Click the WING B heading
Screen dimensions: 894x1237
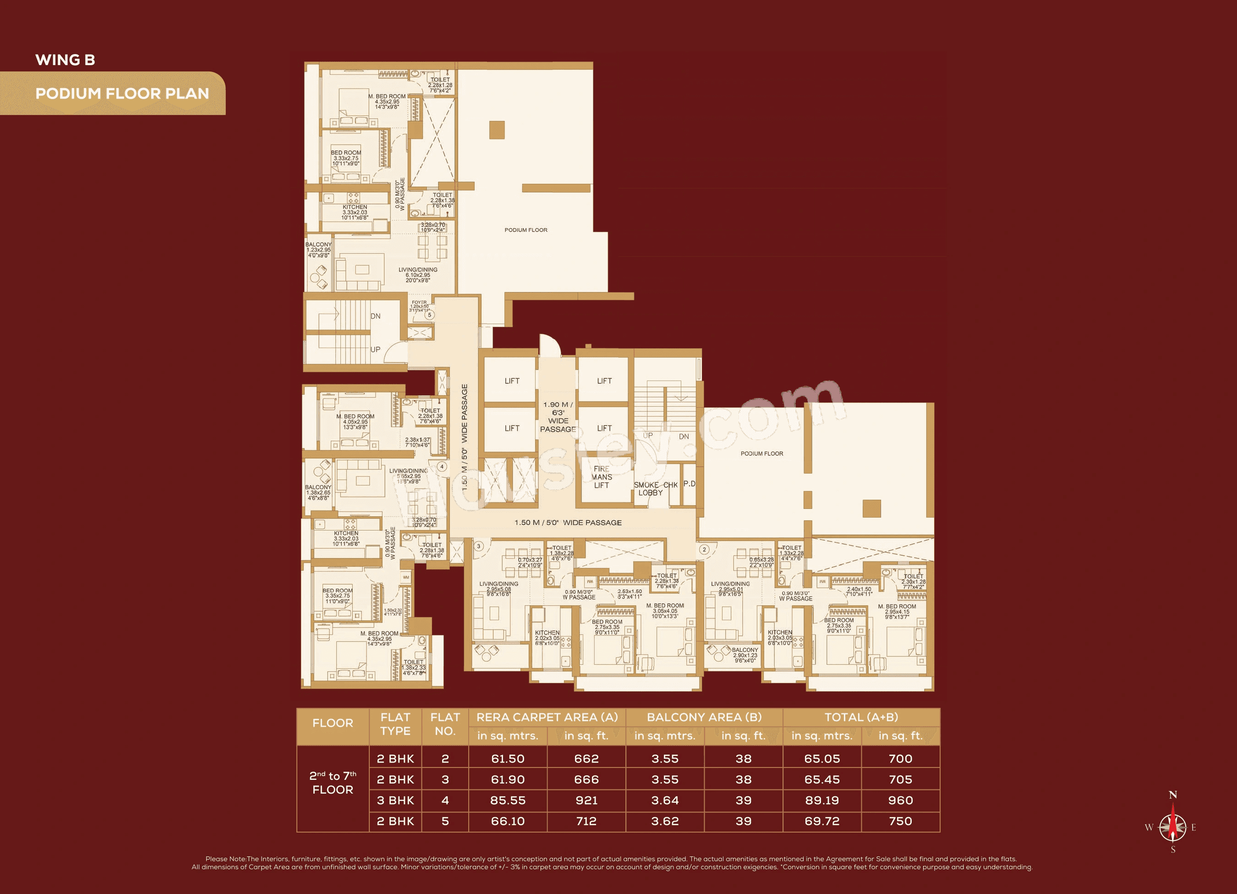pyautogui.click(x=65, y=60)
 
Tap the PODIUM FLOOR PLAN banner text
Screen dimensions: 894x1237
pyautogui.click(x=122, y=94)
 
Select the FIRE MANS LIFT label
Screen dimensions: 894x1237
pyautogui.click(x=602, y=477)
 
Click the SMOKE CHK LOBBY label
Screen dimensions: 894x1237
pyautogui.click(x=655, y=488)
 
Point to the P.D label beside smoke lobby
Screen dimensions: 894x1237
pyautogui.click(x=690, y=484)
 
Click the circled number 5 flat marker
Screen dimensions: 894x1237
pyautogui.click(x=430, y=315)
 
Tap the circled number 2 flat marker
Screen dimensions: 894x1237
pyautogui.click(x=704, y=550)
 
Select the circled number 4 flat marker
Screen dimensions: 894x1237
pyautogui.click(x=442, y=467)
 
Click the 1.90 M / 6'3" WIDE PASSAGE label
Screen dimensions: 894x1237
pyautogui.click(x=558, y=417)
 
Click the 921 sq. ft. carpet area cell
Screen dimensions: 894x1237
pyautogui.click(x=586, y=800)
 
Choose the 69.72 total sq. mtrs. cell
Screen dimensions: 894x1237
pyautogui.click(x=822, y=821)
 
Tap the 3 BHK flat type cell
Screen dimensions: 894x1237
pyautogui.click(x=395, y=800)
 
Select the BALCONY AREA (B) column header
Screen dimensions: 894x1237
pyautogui.click(x=704, y=717)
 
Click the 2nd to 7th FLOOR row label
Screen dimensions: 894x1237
pyautogui.click(x=333, y=783)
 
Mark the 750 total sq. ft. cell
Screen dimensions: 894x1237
pyautogui.click(x=900, y=821)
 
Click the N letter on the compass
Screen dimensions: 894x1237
pyautogui.click(x=1173, y=795)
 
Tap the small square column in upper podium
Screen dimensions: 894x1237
pyautogui.click(x=497, y=130)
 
